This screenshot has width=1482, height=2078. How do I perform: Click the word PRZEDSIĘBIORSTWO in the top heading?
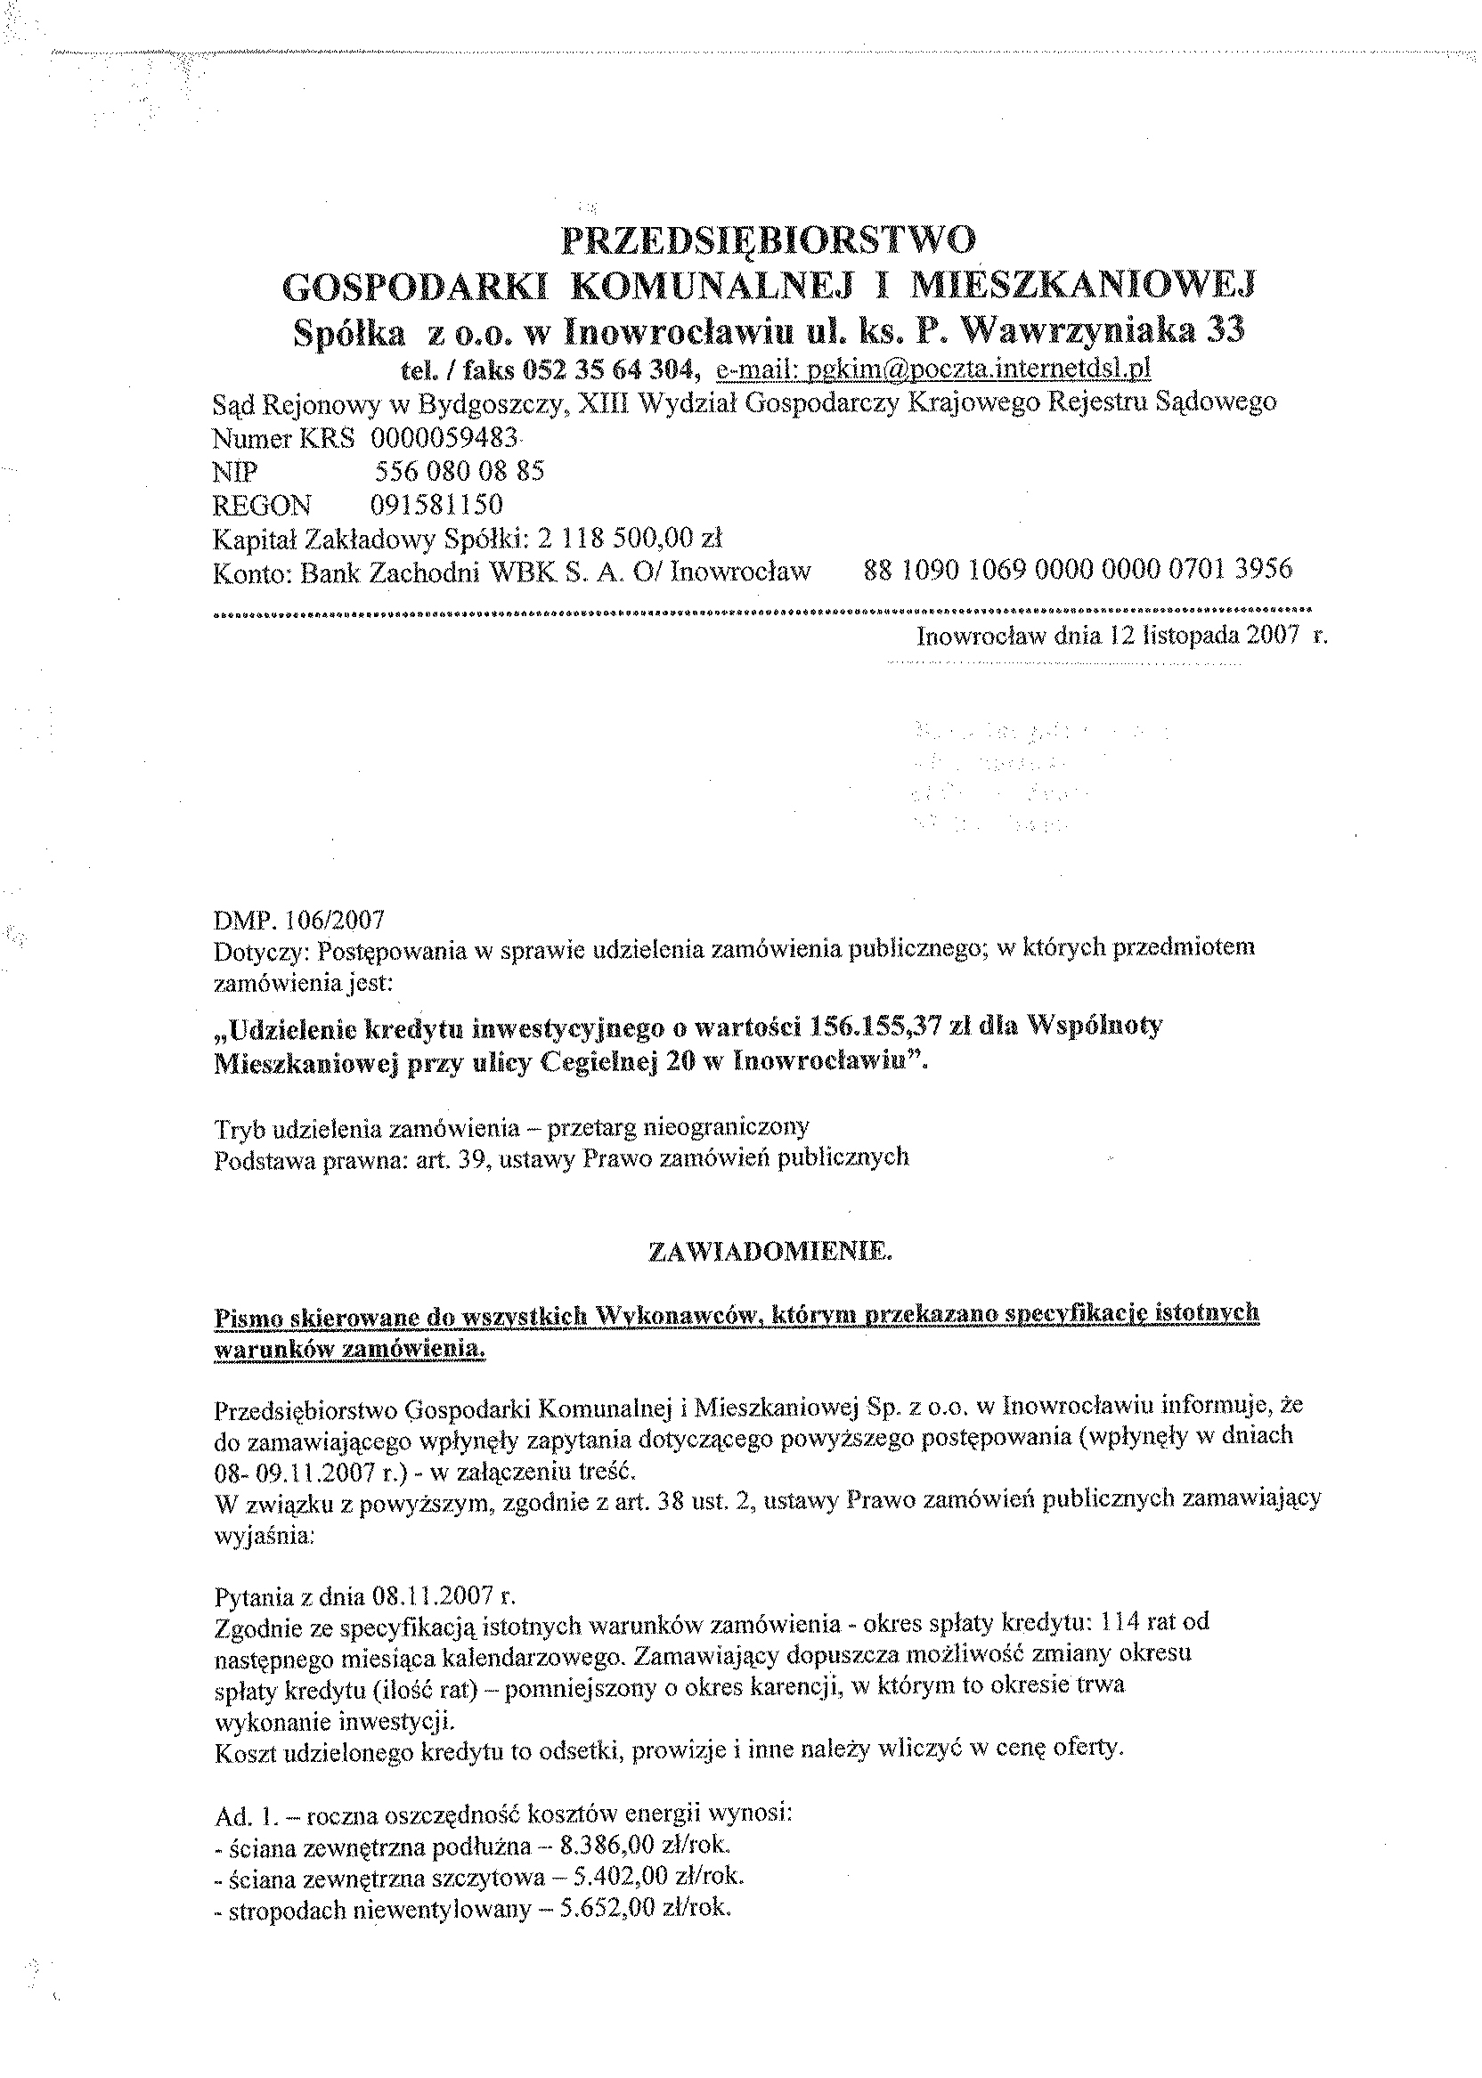point(768,239)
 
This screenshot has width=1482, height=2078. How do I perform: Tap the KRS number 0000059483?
point(444,438)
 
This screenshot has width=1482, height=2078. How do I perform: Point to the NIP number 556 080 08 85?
point(459,472)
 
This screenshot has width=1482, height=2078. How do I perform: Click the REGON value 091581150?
point(436,505)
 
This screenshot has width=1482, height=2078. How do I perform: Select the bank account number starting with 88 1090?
point(1077,570)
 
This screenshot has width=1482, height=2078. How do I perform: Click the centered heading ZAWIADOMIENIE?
point(769,1253)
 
